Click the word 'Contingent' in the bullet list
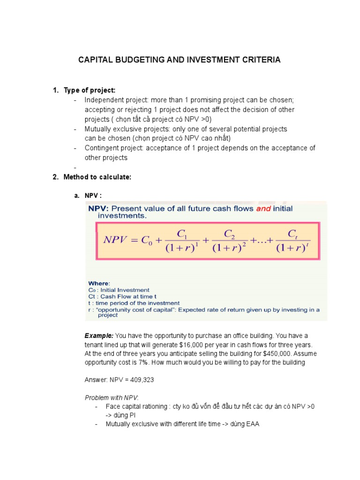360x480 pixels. pyautogui.click(x=101, y=148)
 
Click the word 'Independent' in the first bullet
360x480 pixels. pyautogui.click(x=103, y=100)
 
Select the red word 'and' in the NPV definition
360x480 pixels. pyautogui.click(x=263, y=209)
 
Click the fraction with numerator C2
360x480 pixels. pyautogui.click(x=229, y=240)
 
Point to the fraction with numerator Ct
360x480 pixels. pyautogui.click(x=292, y=240)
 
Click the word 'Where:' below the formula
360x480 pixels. pyautogui.click(x=99, y=283)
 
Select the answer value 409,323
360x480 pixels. pyautogui.click(x=139, y=380)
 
